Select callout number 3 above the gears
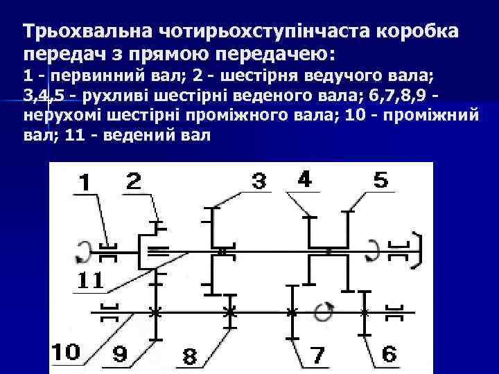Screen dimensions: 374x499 click(258, 182)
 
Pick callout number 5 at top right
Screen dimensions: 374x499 click(380, 181)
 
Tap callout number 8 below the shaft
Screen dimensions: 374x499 click(189, 357)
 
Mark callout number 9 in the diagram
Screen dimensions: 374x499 click(119, 354)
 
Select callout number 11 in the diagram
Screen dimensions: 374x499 click(89, 280)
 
